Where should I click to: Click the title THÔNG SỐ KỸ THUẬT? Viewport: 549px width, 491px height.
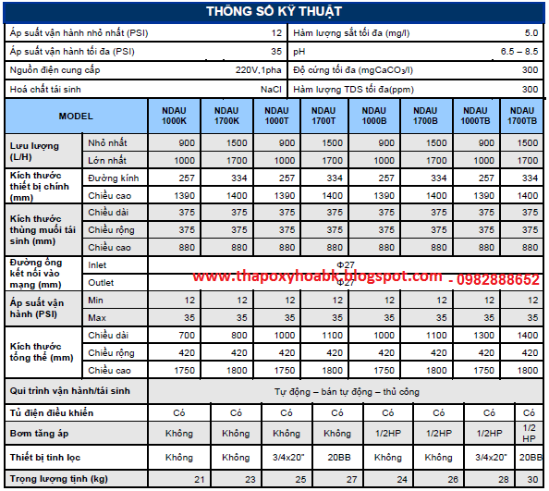coord(274,11)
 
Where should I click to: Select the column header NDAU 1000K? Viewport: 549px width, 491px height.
coord(174,116)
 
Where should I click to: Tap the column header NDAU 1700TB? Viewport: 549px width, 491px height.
coord(522,116)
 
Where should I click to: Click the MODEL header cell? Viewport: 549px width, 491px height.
coord(76,116)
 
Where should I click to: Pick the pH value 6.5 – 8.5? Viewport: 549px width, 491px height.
coord(519,52)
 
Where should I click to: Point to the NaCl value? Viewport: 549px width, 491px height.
coord(271,90)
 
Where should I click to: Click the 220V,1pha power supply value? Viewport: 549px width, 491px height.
coord(259,70)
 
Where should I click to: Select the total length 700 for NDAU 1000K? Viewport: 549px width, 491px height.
coord(187,335)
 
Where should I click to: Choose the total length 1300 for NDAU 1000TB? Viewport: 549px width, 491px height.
coord(484,335)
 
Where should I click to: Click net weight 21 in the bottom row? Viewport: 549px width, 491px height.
coord(200,479)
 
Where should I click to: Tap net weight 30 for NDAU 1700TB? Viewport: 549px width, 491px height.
coord(532,479)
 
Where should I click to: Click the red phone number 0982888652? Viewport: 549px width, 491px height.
coord(498,279)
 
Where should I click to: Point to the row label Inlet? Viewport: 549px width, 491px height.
coord(97,265)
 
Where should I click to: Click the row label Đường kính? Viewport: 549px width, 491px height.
coord(114,178)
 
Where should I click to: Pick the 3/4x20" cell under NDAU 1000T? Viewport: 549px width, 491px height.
coord(288,458)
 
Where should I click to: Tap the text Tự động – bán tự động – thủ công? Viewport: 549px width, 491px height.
coord(347,391)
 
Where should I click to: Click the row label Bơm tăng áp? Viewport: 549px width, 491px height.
coord(39,434)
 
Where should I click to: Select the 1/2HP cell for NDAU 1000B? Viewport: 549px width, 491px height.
coord(388,434)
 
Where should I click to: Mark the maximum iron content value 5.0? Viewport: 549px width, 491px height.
coord(531,33)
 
